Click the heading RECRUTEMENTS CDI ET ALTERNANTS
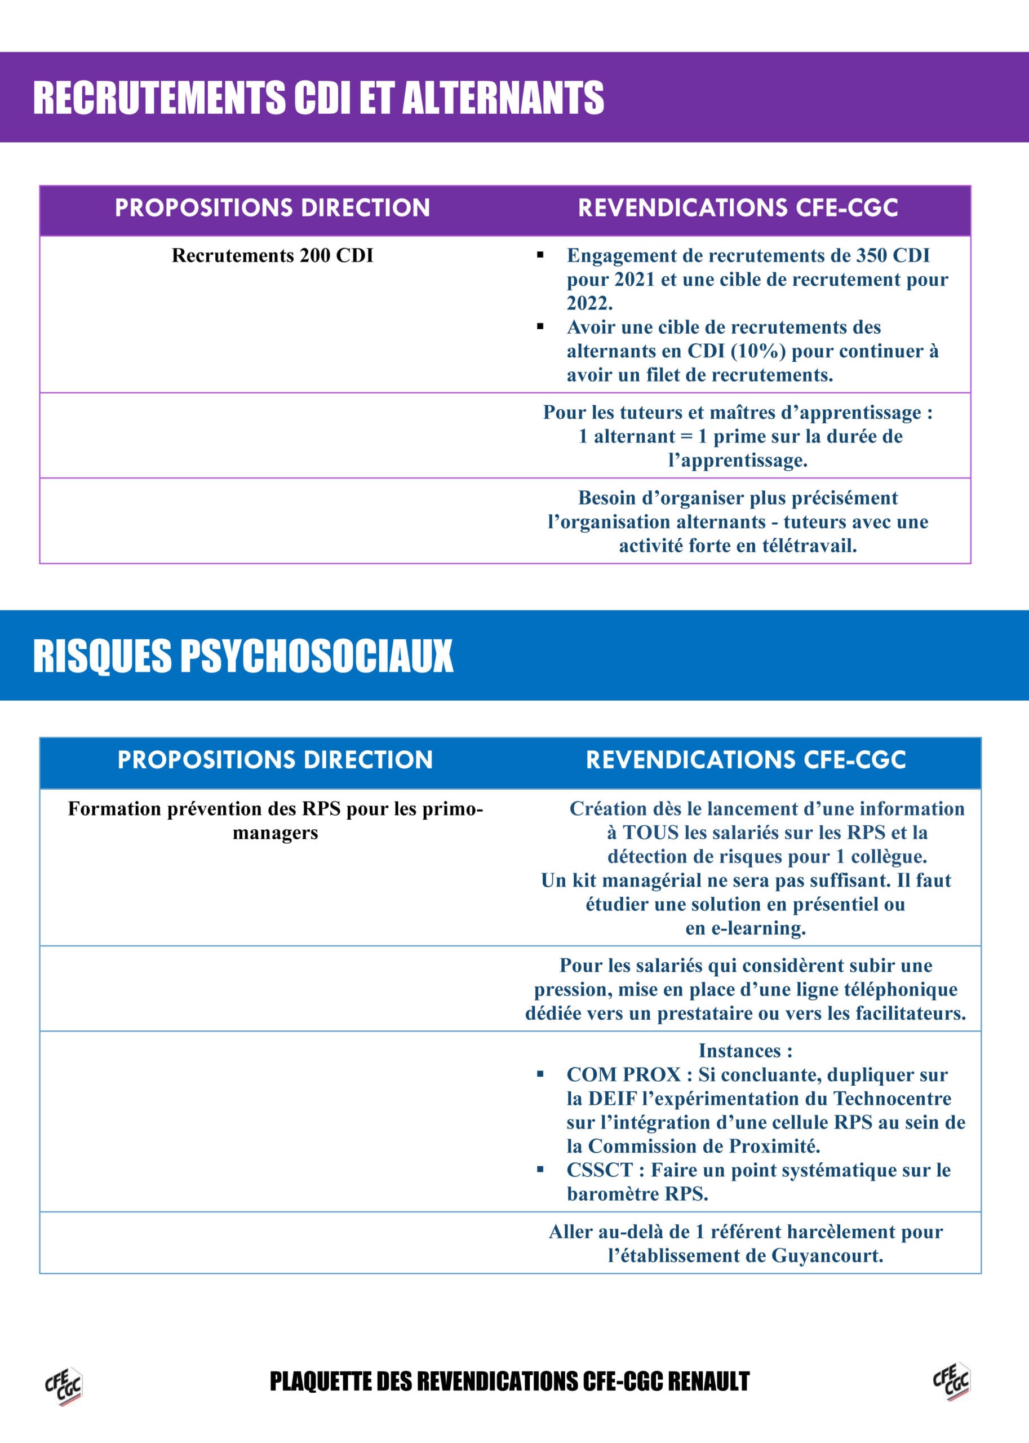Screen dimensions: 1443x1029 [x=318, y=98]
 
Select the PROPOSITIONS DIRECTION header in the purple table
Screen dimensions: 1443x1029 [x=272, y=208]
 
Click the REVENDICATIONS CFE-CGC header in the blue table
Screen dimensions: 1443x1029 [x=746, y=759]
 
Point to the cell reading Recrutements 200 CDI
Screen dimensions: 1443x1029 [x=272, y=255]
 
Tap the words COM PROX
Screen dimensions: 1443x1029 [x=623, y=1075]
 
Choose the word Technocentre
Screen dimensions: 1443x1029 [x=892, y=1099]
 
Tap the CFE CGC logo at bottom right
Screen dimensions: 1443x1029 [x=951, y=1382]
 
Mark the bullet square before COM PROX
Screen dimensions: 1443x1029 [x=540, y=1075]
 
